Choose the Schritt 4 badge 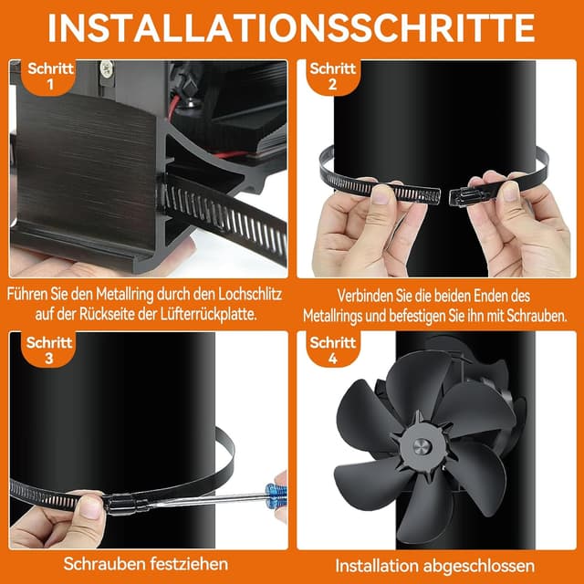tap(331, 350)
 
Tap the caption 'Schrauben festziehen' tap(146, 564)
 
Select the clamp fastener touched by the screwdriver tap(123, 502)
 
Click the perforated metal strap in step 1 tap(228, 219)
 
